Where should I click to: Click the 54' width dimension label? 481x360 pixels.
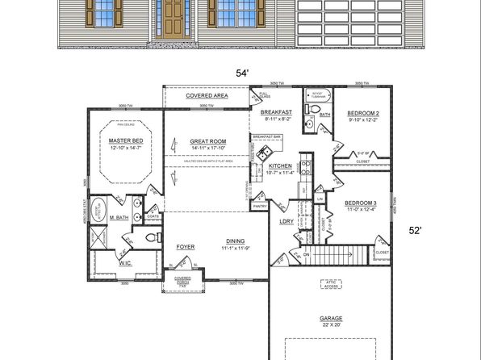pyautogui.click(x=240, y=73)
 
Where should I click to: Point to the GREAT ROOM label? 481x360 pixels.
pyautogui.click(x=207, y=141)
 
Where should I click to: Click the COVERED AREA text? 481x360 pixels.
pyautogui.click(x=207, y=95)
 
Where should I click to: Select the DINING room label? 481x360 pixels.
pyautogui.click(x=236, y=239)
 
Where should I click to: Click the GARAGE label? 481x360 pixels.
pyautogui.click(x=330, y=318)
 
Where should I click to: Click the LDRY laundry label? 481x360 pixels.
pyautogui.click(x=285, y=220)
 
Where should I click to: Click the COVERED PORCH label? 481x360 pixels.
pyautogui.click(x=182, y=282)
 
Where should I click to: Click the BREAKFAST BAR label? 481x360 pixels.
pyautogui.click(x=266, y=137)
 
